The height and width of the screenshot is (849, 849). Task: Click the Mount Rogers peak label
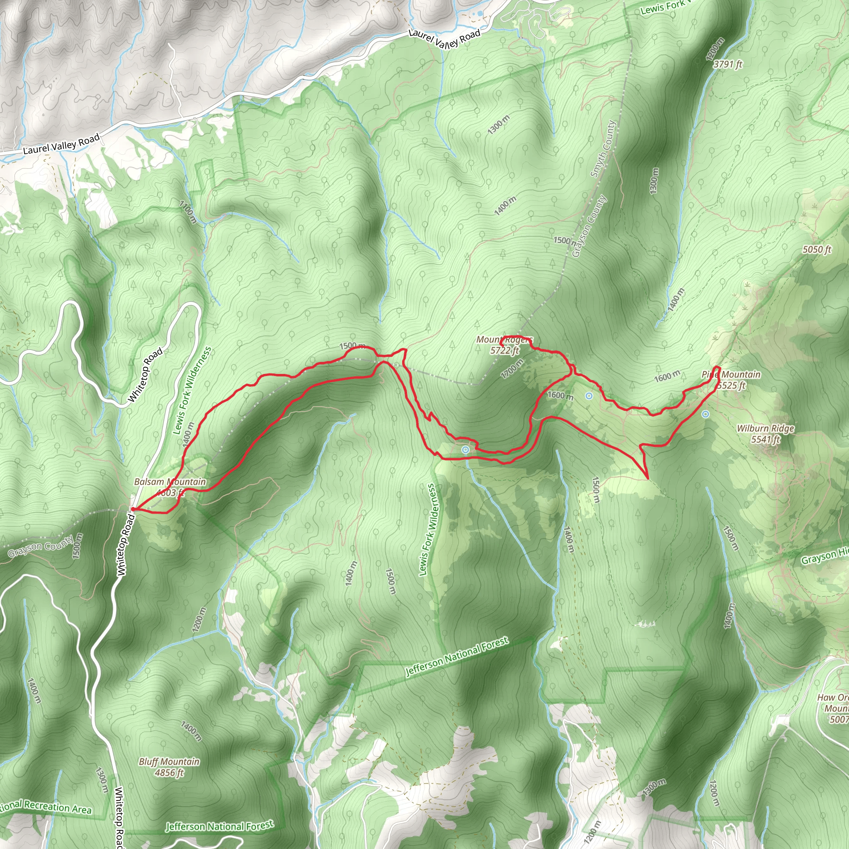(504, 340)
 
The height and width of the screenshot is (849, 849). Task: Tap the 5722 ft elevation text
(505, 350)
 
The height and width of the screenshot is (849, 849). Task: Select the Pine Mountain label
(731, 374)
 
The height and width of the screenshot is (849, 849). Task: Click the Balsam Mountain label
(170, 482)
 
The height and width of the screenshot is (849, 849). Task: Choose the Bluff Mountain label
(169, 762)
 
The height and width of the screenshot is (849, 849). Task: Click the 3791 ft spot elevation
(728, 64)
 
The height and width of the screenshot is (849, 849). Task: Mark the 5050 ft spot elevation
(817, 250)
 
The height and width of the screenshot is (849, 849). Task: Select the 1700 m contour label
(512, 368)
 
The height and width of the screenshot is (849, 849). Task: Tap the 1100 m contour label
(188, 212)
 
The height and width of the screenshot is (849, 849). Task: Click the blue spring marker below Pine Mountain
(705, 414)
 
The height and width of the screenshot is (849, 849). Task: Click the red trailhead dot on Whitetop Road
(133, 509)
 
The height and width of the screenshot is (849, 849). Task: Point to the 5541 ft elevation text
(766, 439)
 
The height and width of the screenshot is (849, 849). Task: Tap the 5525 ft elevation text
(731, 386)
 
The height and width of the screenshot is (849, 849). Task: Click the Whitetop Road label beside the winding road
(146, 374)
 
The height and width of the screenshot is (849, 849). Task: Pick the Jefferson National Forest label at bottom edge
(219, 826)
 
